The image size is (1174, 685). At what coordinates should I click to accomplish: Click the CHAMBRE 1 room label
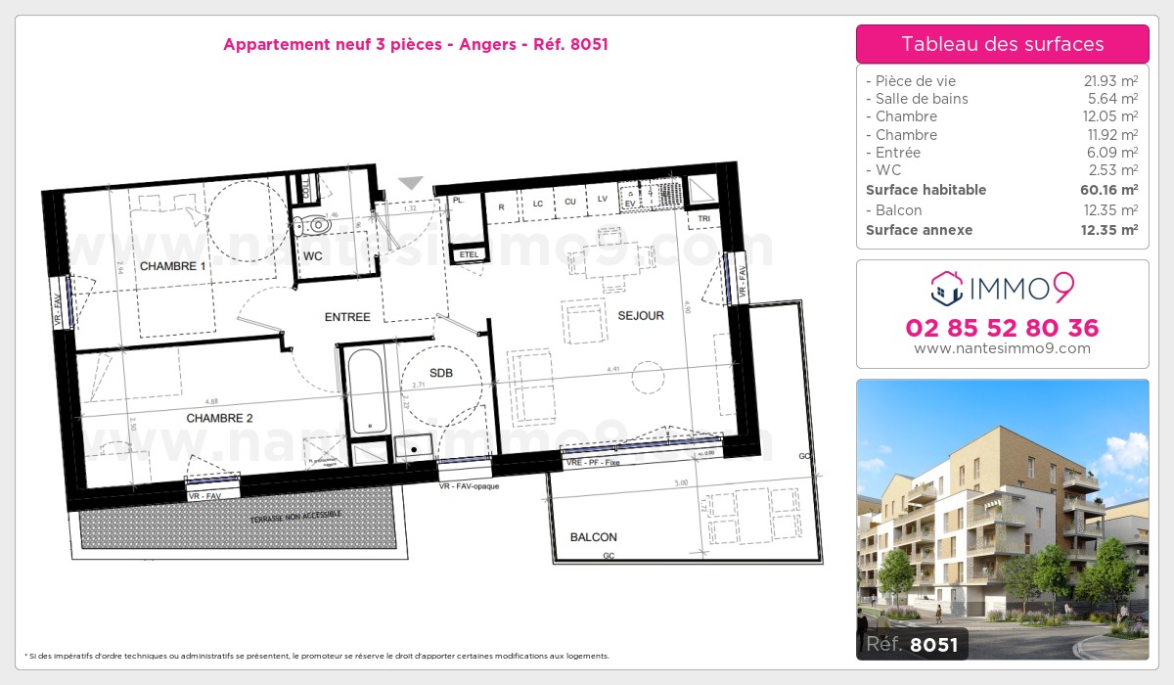pos(172,266)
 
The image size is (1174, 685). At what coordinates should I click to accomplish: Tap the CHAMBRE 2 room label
pos(219,418)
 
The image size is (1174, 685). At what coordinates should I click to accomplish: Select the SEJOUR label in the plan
pos(641,315)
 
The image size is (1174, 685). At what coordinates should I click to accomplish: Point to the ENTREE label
pos(347,317)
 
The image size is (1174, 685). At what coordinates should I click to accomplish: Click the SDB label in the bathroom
pos(441,372)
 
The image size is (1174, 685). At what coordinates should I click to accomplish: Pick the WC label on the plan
pos(313,256)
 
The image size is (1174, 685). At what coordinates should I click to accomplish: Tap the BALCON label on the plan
pos(593,537)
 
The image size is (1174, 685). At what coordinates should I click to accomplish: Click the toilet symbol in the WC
pos(315,225)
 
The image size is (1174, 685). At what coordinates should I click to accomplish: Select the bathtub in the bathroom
pos(367,390)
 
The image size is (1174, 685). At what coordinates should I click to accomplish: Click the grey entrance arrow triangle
pos(411,183)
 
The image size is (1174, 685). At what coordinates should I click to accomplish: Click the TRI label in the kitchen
pos(703,217)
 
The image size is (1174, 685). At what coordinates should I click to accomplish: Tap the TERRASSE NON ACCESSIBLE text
pos(296,515)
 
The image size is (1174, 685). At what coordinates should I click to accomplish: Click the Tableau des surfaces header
pos(1002,44)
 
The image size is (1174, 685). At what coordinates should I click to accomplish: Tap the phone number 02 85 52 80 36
pos(1002,328)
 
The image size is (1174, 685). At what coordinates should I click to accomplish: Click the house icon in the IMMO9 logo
pos(944,287)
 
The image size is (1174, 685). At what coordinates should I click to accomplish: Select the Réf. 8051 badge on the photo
pos(913,644)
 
